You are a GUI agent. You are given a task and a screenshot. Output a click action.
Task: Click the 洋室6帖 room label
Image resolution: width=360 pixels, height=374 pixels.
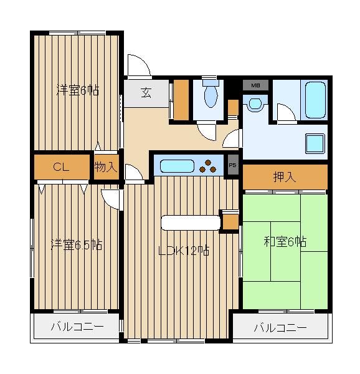tap(78, 90)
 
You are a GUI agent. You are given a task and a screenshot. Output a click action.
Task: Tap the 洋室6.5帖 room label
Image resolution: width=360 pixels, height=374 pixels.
tap(77, 244)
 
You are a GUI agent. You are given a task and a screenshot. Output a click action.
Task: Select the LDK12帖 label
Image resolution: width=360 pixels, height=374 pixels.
tap(184, 251)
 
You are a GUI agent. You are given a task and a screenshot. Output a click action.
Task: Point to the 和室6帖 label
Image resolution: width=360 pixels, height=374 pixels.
tap(285, 242)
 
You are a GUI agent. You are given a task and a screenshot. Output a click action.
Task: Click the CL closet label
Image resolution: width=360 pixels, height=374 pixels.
tap(61, 166)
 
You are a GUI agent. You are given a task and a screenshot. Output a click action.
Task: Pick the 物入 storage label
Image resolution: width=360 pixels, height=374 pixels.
tap(106, 166)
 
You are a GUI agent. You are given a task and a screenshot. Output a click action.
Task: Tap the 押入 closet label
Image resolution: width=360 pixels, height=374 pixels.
tap(285, 177)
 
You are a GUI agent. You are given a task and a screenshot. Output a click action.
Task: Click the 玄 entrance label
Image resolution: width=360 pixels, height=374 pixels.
tap(146, 93)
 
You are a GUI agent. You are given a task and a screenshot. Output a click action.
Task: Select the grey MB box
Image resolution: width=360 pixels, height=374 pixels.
tap(255, 85)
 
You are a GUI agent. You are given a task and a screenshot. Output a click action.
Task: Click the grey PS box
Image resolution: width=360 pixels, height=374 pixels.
tap(233, 165)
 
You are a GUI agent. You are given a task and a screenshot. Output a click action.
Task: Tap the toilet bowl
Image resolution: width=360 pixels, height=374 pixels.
tap(211, 95)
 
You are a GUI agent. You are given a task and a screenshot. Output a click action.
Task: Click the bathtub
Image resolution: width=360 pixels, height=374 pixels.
tap(315, 100)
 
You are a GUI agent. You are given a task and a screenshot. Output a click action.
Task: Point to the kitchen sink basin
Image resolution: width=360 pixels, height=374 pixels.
tap(177, 166)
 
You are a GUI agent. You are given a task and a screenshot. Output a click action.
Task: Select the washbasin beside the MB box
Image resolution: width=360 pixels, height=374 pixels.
tap(255, 104)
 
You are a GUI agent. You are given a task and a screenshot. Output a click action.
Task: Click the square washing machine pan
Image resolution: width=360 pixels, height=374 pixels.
tap(315, 143)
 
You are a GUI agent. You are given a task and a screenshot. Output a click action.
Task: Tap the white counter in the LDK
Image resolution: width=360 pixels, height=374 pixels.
tap(191, 223)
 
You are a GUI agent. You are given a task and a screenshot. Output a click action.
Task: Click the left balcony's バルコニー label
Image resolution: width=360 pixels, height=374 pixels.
tap(77, 326)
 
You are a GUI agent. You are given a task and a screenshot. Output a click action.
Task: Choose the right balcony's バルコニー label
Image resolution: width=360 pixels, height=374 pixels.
tap(280, 328)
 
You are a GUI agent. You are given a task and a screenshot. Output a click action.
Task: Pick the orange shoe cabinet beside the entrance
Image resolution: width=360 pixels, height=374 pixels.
tap(181, 100)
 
